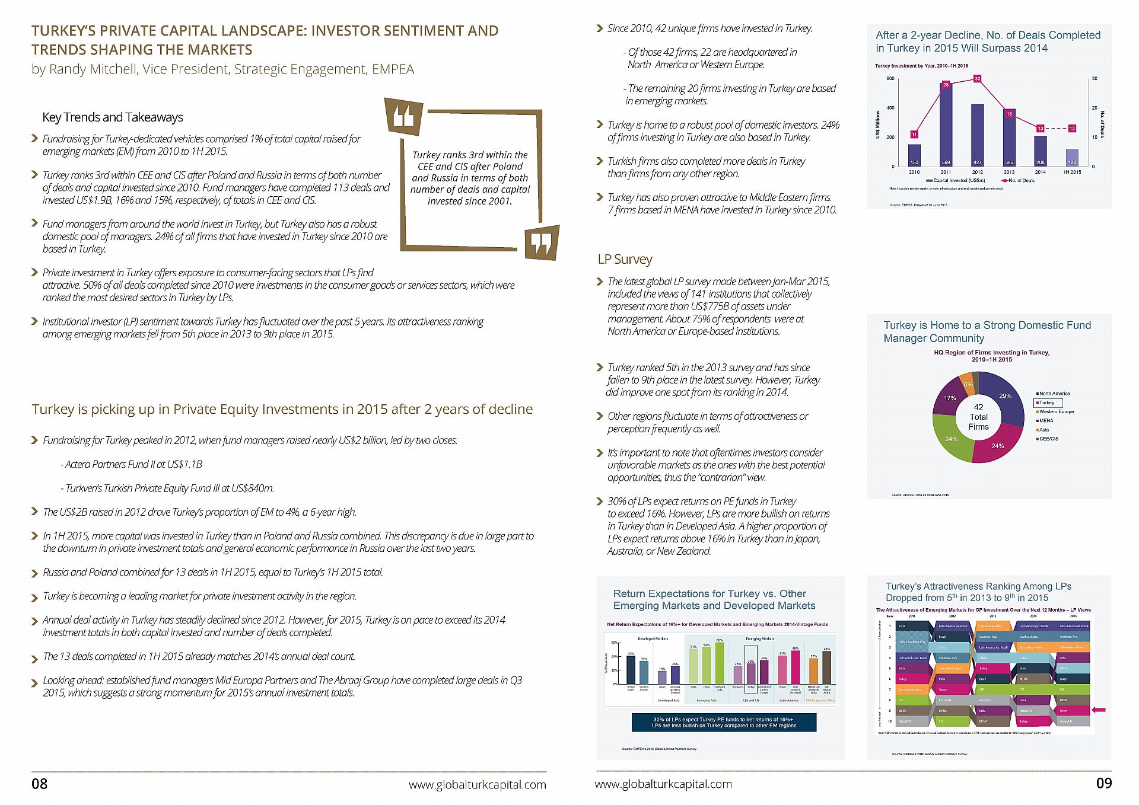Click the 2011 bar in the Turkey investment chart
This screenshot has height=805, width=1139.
(x=946, y=124)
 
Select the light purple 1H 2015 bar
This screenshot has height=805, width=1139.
(x=1072, y=157)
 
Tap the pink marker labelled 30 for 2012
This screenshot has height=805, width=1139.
(x=977, y=78)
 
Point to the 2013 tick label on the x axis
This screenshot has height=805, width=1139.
(x=1008, y=172)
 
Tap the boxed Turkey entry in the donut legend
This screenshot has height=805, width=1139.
(x=1047, y=402)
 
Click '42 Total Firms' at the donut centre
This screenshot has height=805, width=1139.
(x=978, y=417)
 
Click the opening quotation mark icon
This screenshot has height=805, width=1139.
(x=404, y=116)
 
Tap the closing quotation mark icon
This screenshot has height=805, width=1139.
(x=542, y=242)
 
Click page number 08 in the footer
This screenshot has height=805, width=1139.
(x=39, y=784)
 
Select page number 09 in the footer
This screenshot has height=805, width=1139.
(x=1103, y=783)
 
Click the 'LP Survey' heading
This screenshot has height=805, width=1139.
(x=625, y=259)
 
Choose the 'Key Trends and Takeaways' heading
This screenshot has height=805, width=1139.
(x=113, y=117)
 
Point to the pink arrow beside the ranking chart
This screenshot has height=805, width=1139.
(x=1098, y=710)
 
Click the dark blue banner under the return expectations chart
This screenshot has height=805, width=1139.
(x=724, y=722)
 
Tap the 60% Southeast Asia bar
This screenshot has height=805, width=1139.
(x=720, y=663)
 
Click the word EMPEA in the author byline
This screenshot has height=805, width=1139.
(x=393, y=69)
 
